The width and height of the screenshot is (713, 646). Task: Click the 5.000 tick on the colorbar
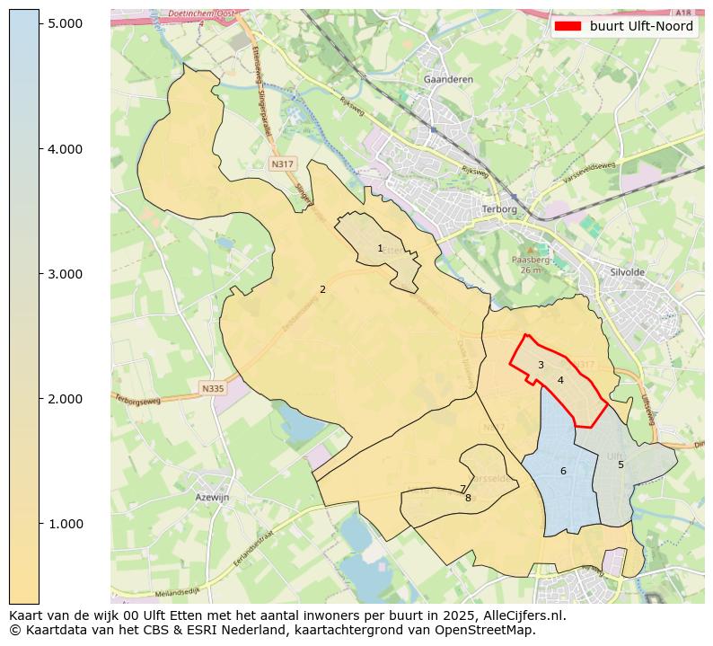[x=66, y=23]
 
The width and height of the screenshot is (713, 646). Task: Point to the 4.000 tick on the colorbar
[x=66, y=148]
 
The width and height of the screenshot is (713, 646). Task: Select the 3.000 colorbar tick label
[x=66, y=273]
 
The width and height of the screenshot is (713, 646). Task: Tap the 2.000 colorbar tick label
[x=66, y=398]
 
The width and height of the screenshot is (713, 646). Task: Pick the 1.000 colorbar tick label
[x=66, y=523]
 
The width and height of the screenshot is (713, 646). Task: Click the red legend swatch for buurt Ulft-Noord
[x=568, y=26]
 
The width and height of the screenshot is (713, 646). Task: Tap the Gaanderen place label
[x=447, y=80]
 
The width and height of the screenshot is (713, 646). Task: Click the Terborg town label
[x=500, y=208]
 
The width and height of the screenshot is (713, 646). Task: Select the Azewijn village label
[x=213, y=496]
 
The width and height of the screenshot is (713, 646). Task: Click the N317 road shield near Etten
[x=282, y=164]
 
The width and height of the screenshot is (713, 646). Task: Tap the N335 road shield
[x=212, y=388]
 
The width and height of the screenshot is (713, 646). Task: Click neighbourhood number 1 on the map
[x=380, y=248]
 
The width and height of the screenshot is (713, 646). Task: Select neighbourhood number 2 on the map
[x=322, y=289]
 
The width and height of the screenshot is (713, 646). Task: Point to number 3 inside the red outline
[x=541, y=365]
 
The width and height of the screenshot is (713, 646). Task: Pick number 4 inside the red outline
[x=560, y=380]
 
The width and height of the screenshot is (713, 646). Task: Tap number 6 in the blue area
[x=563, y=471]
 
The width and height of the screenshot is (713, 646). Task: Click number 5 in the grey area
[x=621, y=465]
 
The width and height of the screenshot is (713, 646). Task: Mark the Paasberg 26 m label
[x=530, y=264]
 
